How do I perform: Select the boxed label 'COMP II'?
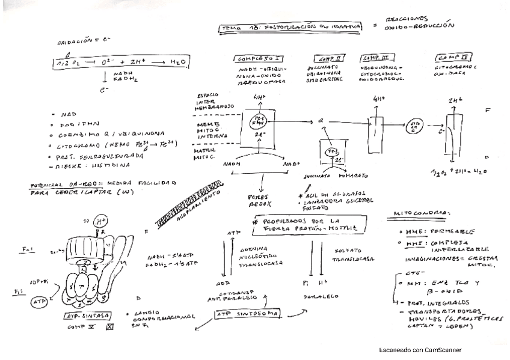click(x=330, y=58)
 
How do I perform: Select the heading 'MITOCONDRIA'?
click(x=420, y=213)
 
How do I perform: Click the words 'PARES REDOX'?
click(x=260, y=200)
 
